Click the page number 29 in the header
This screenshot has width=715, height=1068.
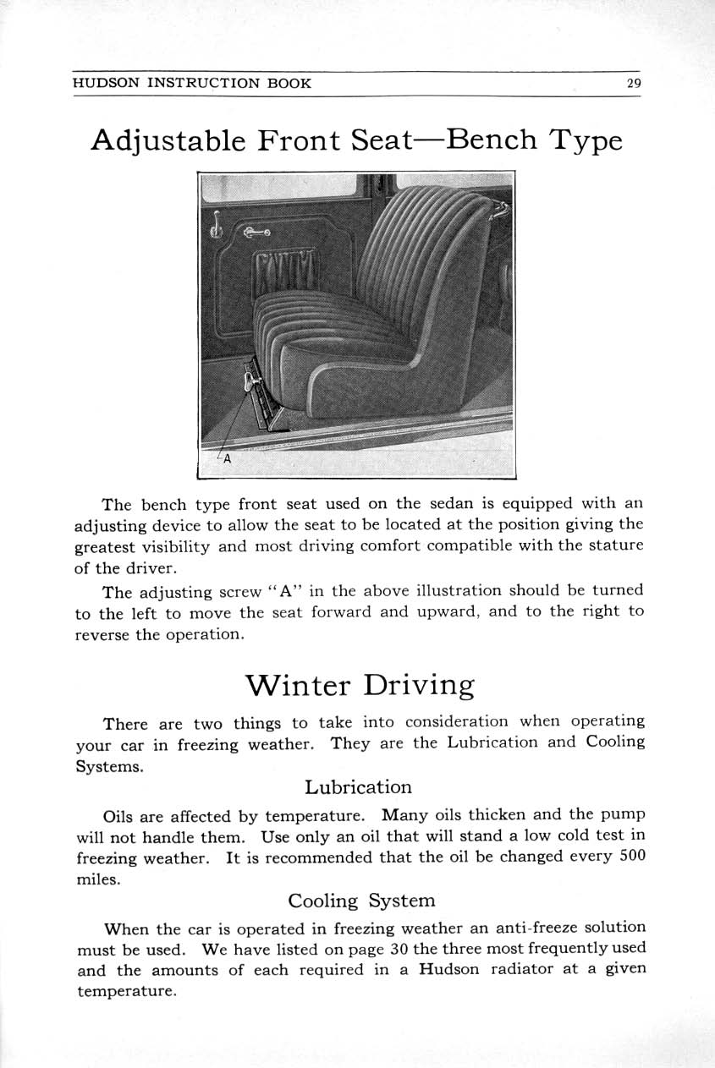click(634, 83)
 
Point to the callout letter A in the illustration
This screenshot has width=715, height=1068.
click(226, 459)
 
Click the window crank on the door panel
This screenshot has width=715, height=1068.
click(216, 225)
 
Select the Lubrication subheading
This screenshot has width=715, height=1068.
click(358, 787)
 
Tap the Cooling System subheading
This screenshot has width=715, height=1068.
click(361, 901)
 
